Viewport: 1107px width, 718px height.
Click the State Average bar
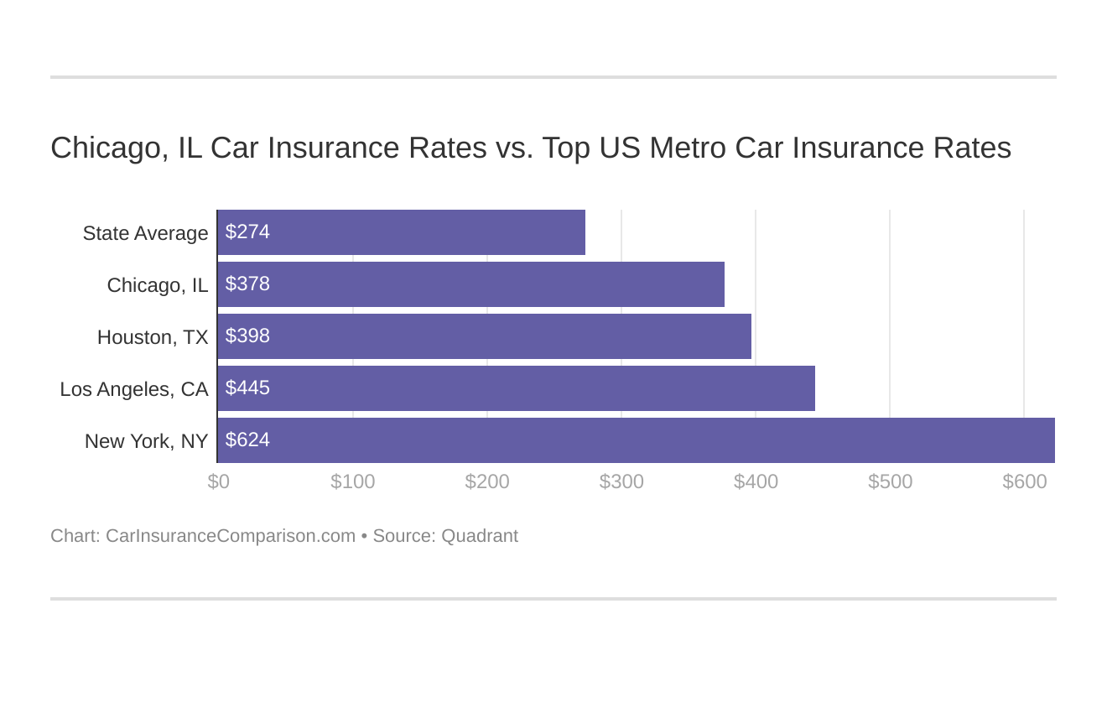[401, 232]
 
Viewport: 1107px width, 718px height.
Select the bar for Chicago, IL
[470, 284]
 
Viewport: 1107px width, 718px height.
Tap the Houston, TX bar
[484, 336]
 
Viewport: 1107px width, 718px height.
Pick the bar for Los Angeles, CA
[516, 388]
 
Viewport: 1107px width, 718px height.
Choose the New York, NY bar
[636, 440]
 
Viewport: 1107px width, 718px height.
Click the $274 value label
[247, 232]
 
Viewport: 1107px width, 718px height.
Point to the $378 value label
[247, 284]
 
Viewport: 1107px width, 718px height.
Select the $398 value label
[247, 336]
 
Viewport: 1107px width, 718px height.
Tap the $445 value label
[247, 388]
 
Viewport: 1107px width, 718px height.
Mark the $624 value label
[247, 440]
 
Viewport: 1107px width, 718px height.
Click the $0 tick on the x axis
[219, 481]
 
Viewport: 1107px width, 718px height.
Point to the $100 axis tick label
[353, 481]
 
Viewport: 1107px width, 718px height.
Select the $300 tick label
[621, 481]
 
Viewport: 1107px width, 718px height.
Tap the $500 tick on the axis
[890, 481]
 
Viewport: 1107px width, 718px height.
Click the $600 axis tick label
[1024, 481]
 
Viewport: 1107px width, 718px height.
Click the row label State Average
[145, 233]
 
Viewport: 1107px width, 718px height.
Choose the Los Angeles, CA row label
[134, 389]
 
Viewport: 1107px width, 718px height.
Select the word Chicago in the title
[106, 148]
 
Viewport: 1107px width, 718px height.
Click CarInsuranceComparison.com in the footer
[231, 536]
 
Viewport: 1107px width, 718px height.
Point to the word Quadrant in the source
[480, 536]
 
